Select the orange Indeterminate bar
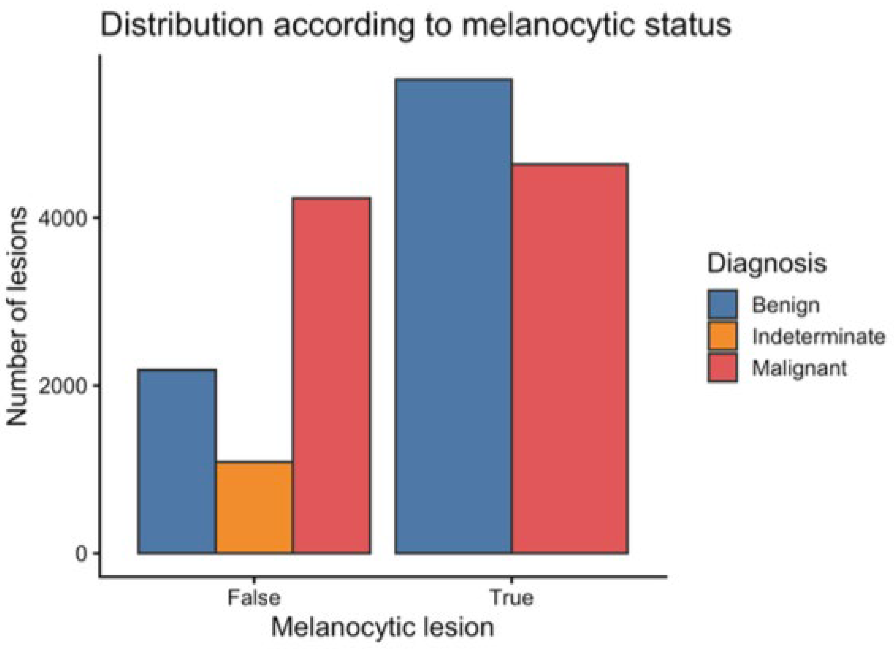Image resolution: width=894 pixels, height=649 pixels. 255,508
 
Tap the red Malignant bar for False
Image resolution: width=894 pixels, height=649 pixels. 332,375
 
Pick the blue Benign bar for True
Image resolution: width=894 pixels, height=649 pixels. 454,316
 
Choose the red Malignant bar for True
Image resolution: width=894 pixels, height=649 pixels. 570,359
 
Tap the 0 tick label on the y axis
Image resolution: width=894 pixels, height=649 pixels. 81,554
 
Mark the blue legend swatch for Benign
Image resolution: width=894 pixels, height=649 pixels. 722,304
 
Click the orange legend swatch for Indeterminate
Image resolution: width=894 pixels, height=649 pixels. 722,336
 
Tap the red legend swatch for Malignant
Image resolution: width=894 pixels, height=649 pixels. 722,368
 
